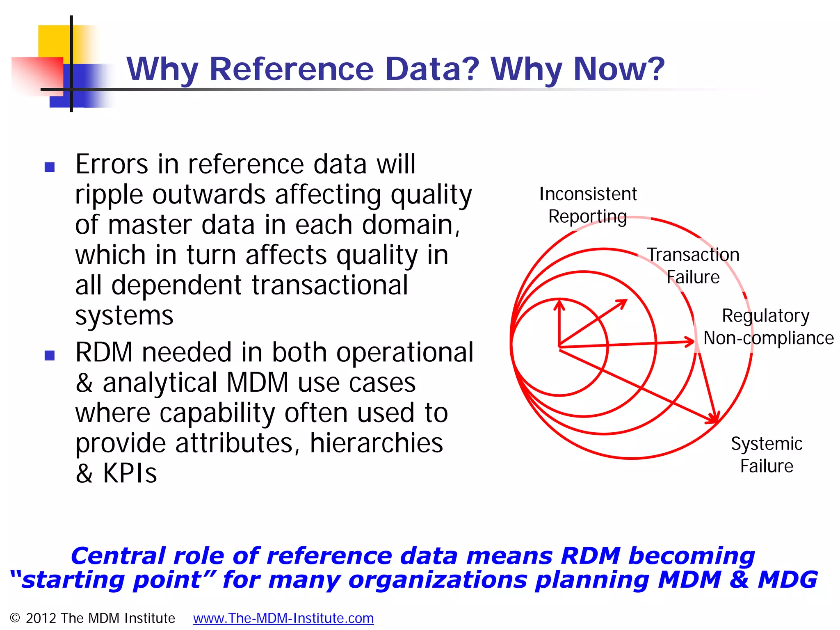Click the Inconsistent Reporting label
pyautogui.click(x=588, y=205)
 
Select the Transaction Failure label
pyautogui.click(x=693, y=266)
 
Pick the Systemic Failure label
pyautogui.click(x=767, y=455)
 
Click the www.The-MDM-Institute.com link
pyautogui.click(x=283, y=618)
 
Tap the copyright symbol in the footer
pyautogui.click(x=15, y=618)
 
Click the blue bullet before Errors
pyautogui.click(x=50, y=167)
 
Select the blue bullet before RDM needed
pyautogui.click(x=50, y=355)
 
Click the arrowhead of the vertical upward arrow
pyautogui.click(x=559, y=304)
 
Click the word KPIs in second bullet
pyautogui.click(x=130, y=473)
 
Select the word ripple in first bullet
pyautogui.click(x=109, y=195)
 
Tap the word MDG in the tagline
pyautogui.click(x=787, y=580)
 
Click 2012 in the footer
pyautogui.click(x=41, y=618)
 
